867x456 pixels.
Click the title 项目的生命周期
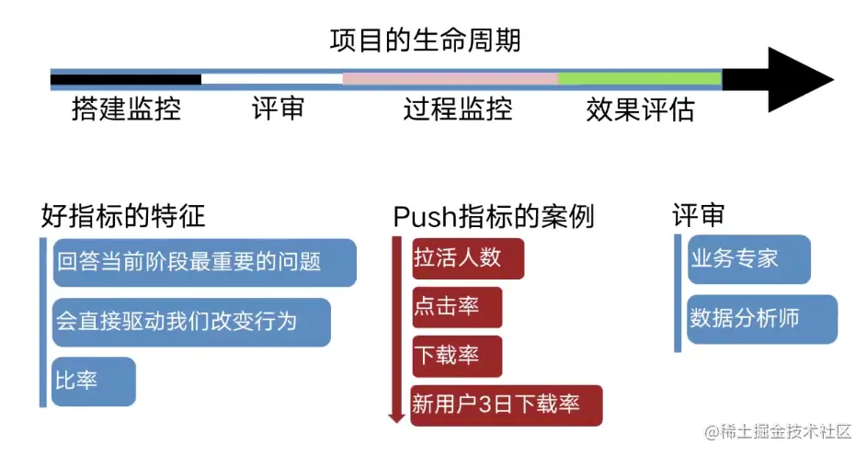coord(425,41)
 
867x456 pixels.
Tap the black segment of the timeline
coord(126,79)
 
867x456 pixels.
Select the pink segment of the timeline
coord(450,78)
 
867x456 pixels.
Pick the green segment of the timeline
coord(639,78)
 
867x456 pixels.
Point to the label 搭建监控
coord(126,110)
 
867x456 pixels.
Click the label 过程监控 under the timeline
coord(457,110)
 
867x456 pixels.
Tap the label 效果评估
coord(640,110)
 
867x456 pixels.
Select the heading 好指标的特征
coord(123,216)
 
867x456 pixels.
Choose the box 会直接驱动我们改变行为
coord(190,322)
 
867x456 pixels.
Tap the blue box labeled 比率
coord(93,381)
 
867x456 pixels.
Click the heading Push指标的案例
coord(493,217)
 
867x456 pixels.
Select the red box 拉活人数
coord(467,258)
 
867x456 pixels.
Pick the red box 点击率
coord(456,307)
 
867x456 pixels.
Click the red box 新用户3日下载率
coord(506,405)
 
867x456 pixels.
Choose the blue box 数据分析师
coord(760,319)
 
